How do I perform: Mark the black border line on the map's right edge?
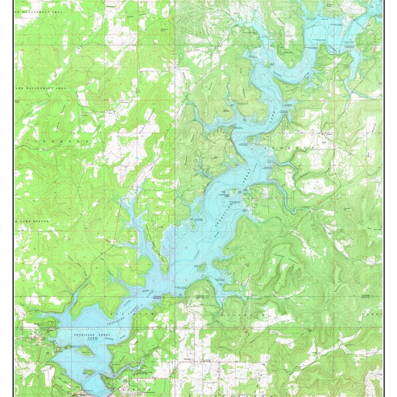pyautogui.click(x=382, y=198)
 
